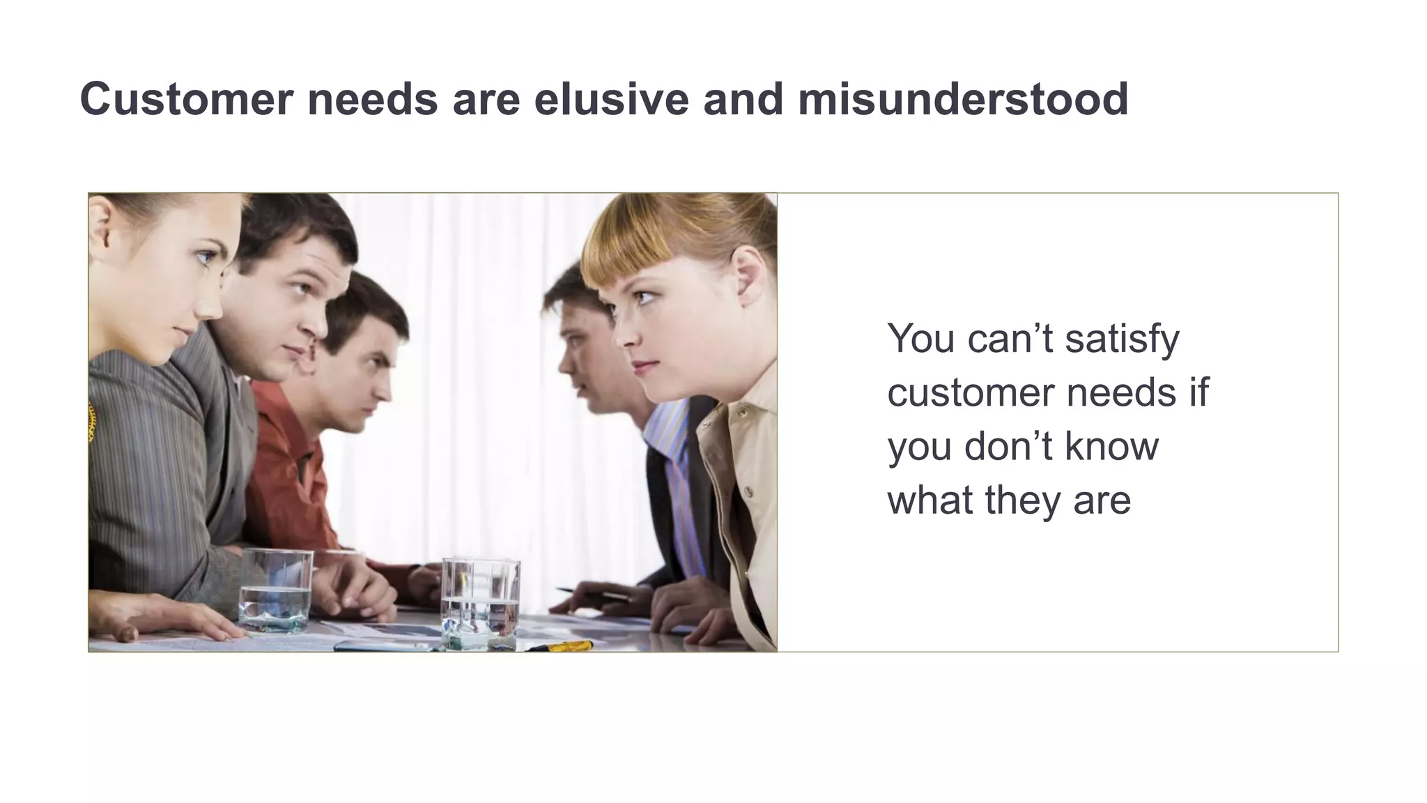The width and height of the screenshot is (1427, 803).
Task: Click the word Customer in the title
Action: point(187,99)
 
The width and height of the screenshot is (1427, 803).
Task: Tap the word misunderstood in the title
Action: point(963,99)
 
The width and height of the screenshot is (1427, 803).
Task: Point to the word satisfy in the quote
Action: point(1122,339)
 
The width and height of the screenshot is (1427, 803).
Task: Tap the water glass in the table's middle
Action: point(480,603)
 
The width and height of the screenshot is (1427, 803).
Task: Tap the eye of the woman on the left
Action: point(203,259)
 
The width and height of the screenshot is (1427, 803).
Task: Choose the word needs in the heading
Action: point(373,99)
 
